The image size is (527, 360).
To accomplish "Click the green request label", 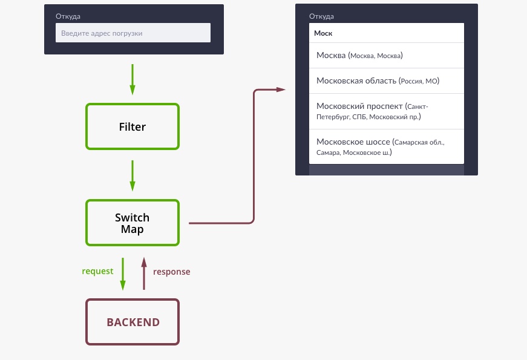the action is click(x=97, y=271).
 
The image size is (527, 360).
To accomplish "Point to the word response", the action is click(x=172, y=272).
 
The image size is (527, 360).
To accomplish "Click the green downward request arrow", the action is click(x=123, y=273).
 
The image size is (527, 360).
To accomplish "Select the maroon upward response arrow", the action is click(x=144, y=273).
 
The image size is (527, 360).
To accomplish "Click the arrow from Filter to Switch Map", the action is click(x=133, y=176).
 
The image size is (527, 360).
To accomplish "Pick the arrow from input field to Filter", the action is click(x=133, y=80).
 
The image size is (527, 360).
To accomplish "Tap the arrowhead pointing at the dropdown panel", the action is click(x=281, y=90).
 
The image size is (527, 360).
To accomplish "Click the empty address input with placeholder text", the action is click(x=133, y=33).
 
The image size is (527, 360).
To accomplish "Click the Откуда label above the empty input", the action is click(x=68, y=16).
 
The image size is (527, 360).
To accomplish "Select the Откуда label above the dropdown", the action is click(x=321, y=16).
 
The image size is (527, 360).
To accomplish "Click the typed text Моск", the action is click(x=323, y=33).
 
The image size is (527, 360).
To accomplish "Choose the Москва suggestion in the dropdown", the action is click(x=387, y=56).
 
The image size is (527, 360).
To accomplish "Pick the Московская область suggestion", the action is click(x=387, y=81).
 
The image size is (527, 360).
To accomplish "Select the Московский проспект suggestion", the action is click(x=387, y=111).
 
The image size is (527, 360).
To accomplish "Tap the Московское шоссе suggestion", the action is click(x=387, y=147).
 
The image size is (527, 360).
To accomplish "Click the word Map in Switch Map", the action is click(x=133, y=229).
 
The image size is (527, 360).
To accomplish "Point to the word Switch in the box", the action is click(x=132, y=217).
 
